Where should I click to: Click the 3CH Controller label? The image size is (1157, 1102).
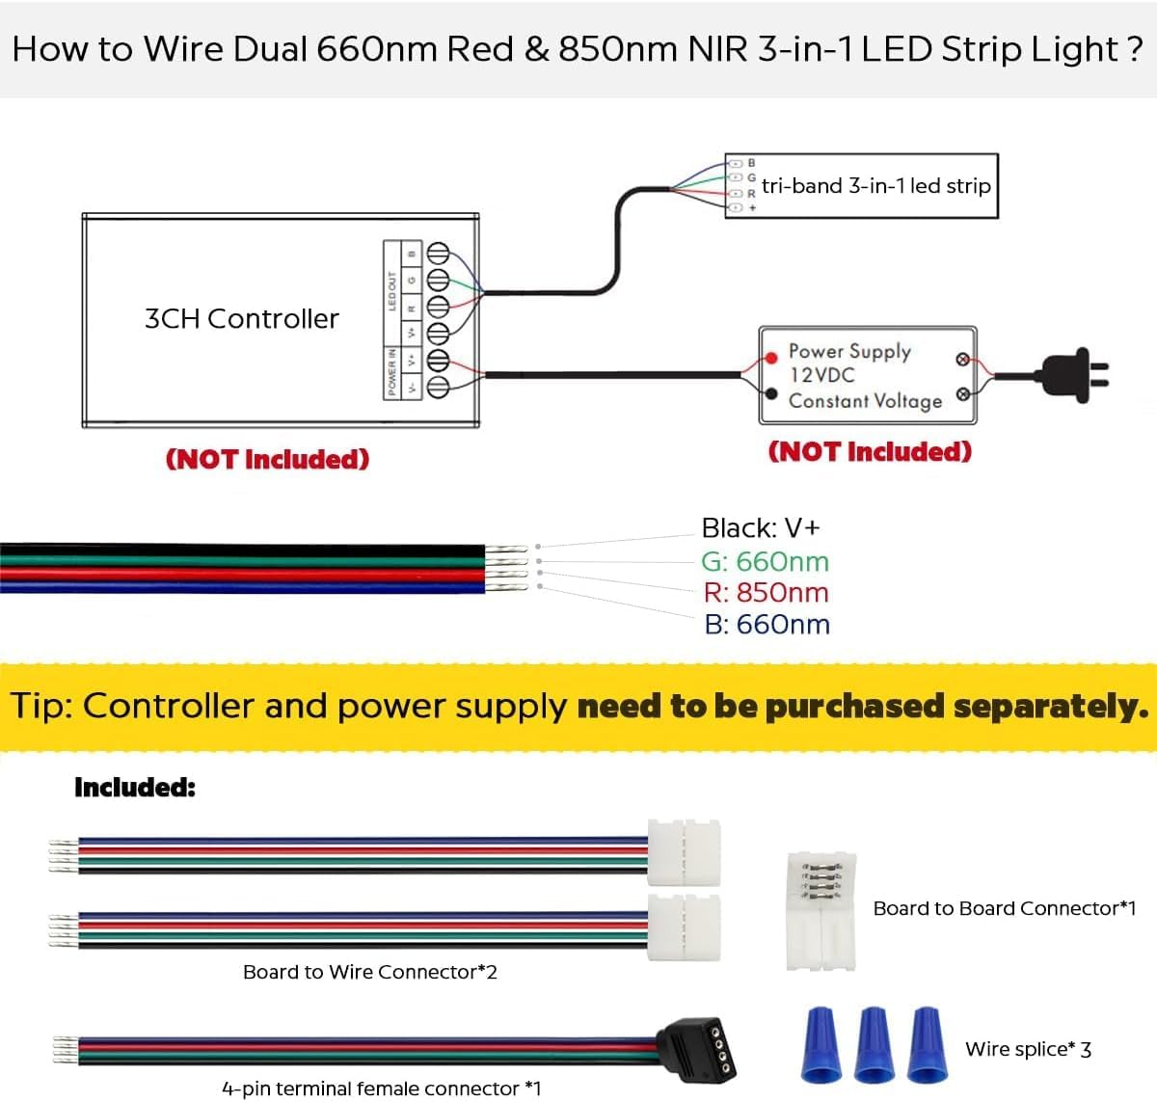[241, 319]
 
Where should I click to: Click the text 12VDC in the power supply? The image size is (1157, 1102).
[821, 375]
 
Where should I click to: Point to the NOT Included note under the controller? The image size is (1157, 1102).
[267, 459]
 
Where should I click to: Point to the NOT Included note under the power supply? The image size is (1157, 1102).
[870, 451]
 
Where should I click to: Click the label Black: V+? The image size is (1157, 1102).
[760, 528]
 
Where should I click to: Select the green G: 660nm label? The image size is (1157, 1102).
[765, 561]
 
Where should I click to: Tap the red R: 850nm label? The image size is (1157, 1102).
[766, 593]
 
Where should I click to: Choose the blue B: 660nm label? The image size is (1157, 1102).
[767, 625]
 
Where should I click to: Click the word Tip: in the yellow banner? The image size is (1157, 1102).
[41, 706]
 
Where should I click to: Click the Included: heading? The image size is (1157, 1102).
[135, 788]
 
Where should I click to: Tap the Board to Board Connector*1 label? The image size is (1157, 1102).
[1004, 908]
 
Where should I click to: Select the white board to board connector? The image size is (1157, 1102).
[821, 911]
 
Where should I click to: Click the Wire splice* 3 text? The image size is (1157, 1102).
[1028, 1049]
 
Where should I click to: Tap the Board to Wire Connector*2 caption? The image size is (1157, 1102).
[369, 972]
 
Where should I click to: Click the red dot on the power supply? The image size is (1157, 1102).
[770, 358]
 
